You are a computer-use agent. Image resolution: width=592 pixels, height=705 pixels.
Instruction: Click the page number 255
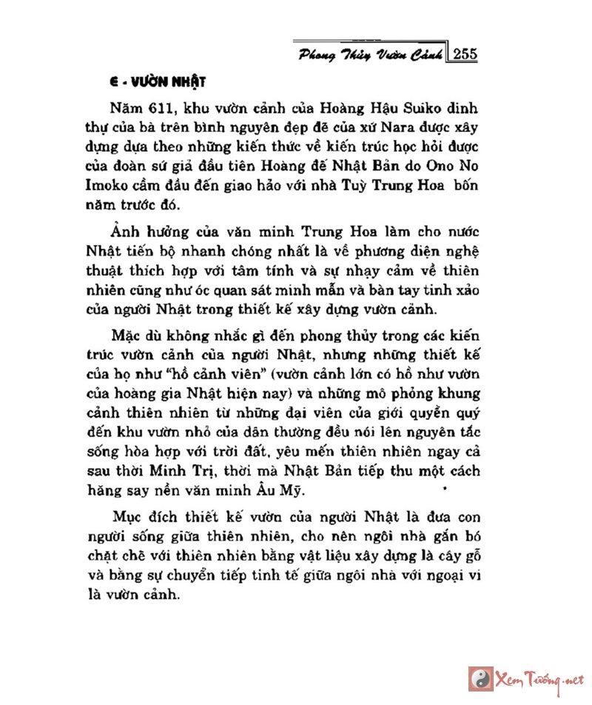(x=464, y=53)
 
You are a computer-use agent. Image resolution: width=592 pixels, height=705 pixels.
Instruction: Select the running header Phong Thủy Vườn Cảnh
(x=372, y=54)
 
